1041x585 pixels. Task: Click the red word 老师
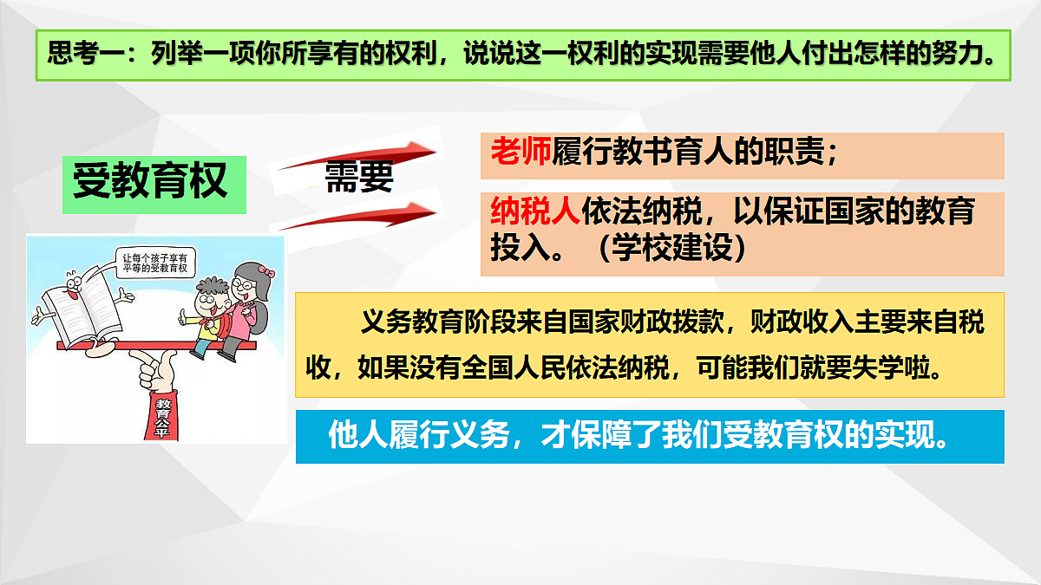pyautogui.click(x=520, y=153)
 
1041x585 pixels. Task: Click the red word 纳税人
pyautogui.click(x=534, y=211)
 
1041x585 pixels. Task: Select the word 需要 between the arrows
pyautogui.click(x=358, y=177)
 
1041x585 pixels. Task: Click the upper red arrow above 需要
pyautogui.click(x=364, y=157)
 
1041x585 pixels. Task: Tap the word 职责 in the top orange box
pyautogui.click(x=791, y=153)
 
